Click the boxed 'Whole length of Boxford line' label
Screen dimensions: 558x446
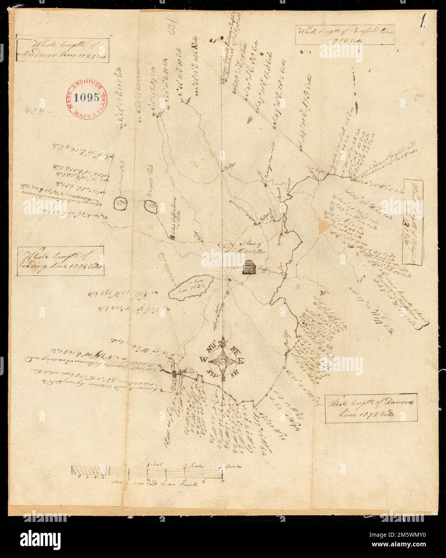pos(344,37)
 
